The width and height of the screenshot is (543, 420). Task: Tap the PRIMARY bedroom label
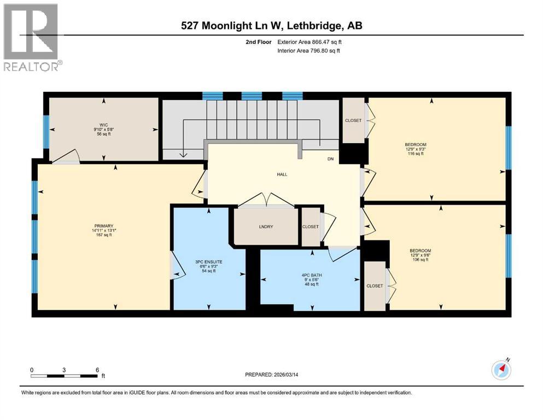103,226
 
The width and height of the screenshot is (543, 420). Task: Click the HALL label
282,174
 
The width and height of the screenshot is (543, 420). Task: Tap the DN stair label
330,159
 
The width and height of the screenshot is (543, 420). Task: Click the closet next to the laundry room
310,226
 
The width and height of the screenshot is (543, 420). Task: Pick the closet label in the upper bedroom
353,120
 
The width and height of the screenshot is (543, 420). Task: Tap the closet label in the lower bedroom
375,286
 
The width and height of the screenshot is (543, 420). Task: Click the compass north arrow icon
501,370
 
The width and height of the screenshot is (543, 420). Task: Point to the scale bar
65,375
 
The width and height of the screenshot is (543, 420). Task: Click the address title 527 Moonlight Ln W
271,26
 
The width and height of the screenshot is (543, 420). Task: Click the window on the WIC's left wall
46,132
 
